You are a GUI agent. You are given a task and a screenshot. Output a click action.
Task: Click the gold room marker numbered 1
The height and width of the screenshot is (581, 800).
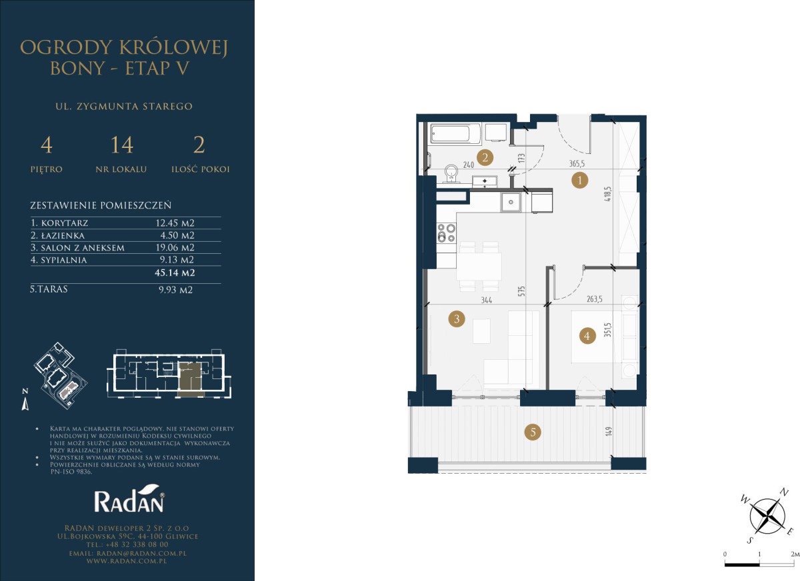click(579, 180)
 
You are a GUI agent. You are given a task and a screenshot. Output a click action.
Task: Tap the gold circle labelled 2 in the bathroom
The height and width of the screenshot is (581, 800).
click(485, 157)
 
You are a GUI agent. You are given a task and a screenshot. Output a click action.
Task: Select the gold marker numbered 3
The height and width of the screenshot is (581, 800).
click(457, 318)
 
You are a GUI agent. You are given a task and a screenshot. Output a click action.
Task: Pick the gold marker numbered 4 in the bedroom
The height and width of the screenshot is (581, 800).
click(587, 335)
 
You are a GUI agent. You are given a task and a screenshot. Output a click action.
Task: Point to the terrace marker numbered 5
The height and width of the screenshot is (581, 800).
click(533, 432)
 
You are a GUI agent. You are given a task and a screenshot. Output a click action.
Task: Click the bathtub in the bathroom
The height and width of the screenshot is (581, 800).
click(456, 134)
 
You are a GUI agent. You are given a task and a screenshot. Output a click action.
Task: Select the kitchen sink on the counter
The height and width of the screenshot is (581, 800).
click(511, 203)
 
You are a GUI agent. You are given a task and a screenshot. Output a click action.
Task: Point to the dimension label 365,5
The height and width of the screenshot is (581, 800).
click(577, 164)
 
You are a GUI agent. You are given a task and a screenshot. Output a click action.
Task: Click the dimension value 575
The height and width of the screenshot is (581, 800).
click(522, 291)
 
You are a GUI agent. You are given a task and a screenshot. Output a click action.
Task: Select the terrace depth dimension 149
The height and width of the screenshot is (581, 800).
click(609, 432)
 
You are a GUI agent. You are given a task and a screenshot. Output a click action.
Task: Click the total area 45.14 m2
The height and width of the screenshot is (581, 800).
click(175, 273)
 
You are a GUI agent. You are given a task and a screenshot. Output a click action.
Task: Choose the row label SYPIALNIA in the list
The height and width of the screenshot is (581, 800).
click(64, 260)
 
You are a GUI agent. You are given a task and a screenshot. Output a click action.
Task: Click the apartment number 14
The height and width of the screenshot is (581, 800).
click(122, 145)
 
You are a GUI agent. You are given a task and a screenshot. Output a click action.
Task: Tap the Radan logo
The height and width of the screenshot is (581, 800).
click(129, 498)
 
